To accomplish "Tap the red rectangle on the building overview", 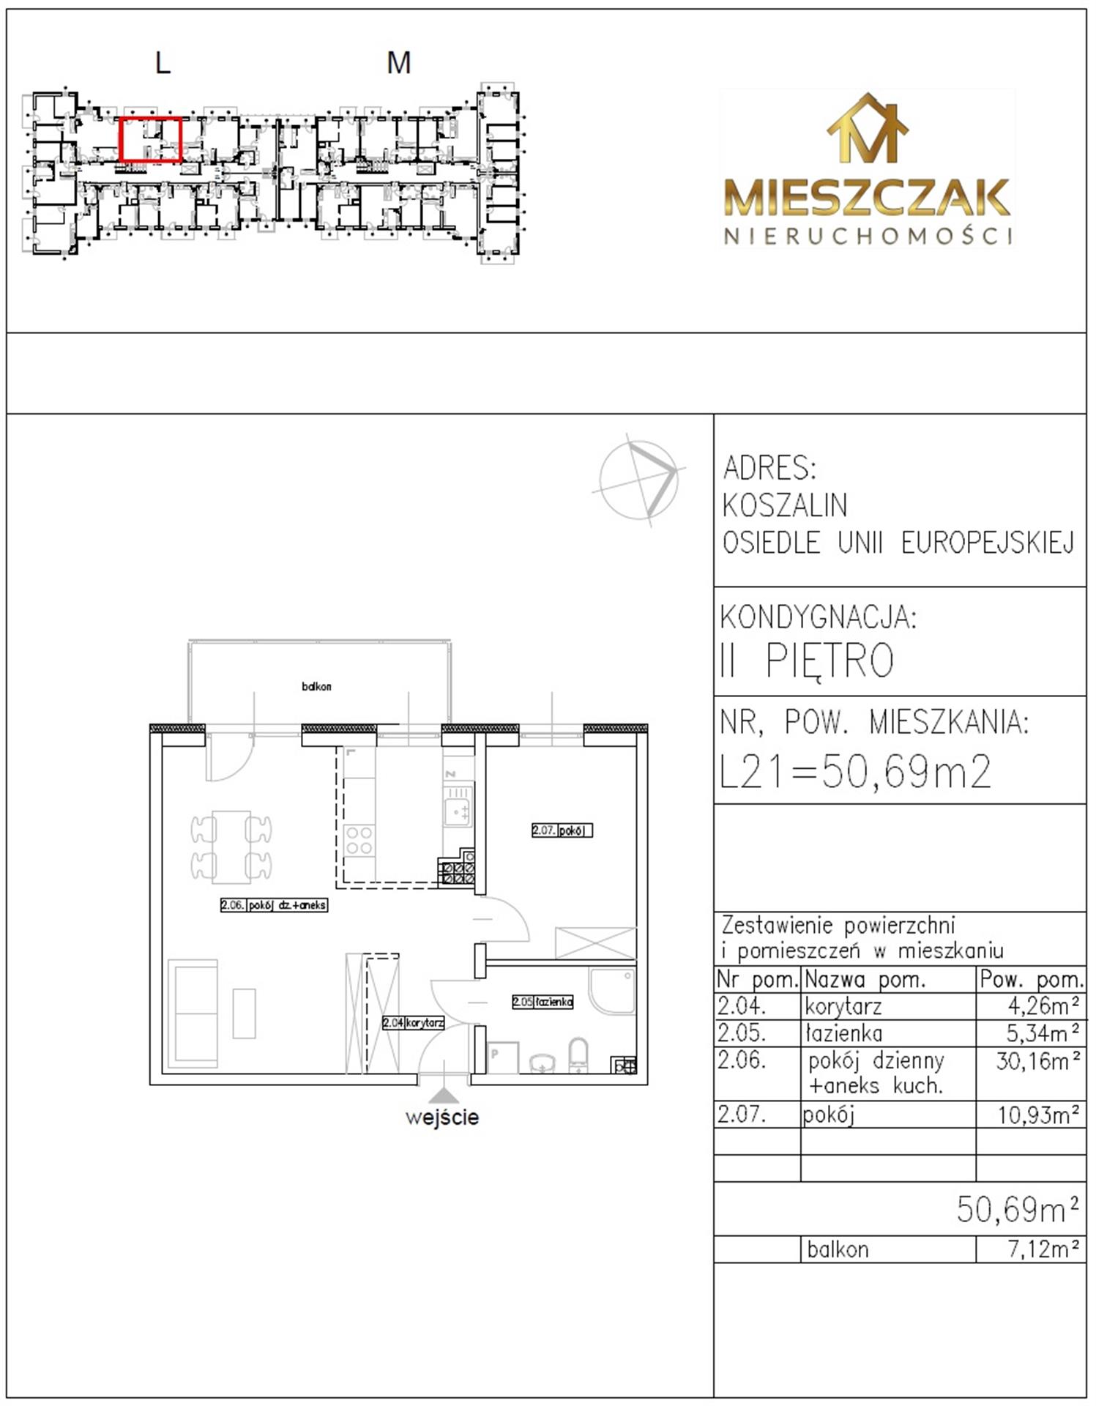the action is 151,119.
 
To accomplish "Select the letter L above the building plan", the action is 163,63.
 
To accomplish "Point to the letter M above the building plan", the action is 398,63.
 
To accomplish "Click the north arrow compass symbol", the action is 638,479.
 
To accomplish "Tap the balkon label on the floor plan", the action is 316,686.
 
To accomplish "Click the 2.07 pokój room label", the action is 562,830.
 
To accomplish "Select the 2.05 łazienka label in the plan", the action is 543,1001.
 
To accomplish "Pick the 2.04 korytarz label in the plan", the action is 413,1022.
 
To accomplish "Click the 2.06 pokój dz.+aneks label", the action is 274,904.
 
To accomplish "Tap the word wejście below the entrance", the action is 442,1117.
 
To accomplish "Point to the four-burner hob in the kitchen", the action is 359,841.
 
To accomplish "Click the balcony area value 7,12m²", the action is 1043,1249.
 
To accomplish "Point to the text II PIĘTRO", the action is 807,661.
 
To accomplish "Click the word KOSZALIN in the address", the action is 785,505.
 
